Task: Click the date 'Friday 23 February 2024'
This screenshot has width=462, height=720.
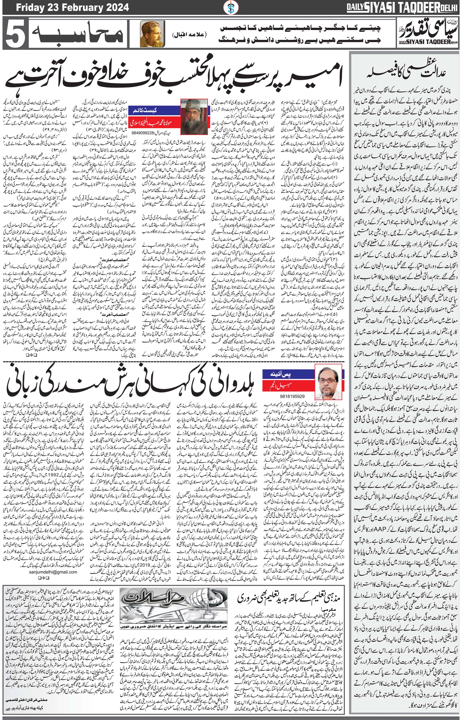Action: click(73, 7)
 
